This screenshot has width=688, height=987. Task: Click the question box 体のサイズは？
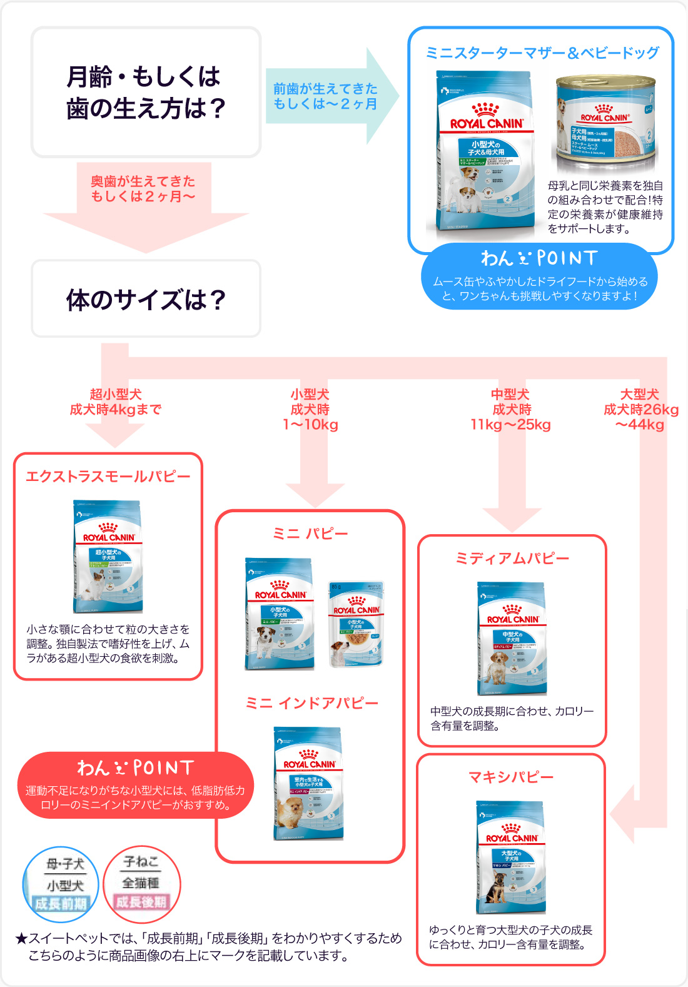(x=146, y=299)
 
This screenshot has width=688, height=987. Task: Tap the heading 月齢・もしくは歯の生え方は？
(x=146, y=92)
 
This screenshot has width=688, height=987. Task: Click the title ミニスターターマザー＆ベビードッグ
(x=542, y=53)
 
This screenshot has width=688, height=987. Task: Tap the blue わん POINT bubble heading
(x=539, y=258)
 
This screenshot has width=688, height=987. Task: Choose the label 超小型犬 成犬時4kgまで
(x=116, y=402)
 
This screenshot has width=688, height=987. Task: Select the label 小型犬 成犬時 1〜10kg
(x=310, y=410)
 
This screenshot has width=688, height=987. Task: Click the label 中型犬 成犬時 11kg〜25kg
(x=511, y=410)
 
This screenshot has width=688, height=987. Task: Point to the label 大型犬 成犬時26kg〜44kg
(x=640, y=410)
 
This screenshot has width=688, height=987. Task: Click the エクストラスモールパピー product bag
(x=108, y=556)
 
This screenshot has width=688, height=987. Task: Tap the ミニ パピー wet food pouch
(x=356, y=624)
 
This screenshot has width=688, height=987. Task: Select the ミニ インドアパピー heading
(x=311, y=704)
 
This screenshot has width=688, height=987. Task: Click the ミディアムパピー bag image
(x=512, y=638)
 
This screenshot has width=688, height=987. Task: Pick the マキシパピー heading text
(x=511, y=777)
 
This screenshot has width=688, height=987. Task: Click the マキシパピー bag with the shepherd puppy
(x=511, y=857)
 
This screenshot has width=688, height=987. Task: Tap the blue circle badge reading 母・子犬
(x=61, y=884)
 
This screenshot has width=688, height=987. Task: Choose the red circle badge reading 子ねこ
(x=142, y=884)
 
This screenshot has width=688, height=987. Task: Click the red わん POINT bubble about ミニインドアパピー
(x=135, y=785)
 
